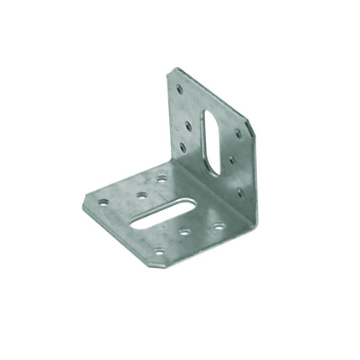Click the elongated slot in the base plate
click(163, 216)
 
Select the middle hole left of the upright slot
click(188, 126)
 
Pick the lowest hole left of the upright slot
click(183, 147)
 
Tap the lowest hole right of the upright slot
click(239, 192)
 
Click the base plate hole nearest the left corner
click(103, 203)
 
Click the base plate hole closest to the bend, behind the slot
click(161, 178)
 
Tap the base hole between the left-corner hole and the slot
click(141, 194)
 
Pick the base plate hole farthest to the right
click(219, 226)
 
